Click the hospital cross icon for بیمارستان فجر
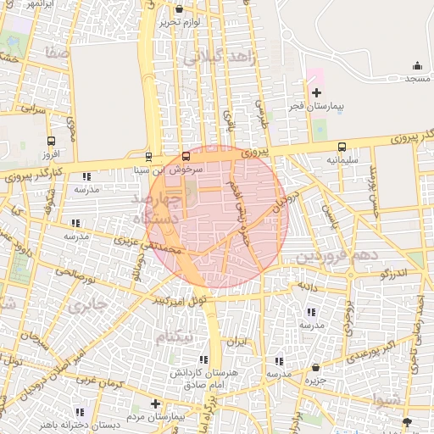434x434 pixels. [316, 92]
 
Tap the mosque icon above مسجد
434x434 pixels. [416, 66]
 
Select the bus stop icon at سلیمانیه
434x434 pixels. [342, 147]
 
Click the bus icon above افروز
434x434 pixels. [52, 142]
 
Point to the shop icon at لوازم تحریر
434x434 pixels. [178, 9]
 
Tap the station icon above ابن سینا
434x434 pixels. [149, 157]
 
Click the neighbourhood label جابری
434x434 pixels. [87, 304]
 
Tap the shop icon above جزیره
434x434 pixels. [316, 367]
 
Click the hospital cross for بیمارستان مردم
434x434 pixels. [154, 404]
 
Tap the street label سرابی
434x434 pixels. [32, 109]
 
